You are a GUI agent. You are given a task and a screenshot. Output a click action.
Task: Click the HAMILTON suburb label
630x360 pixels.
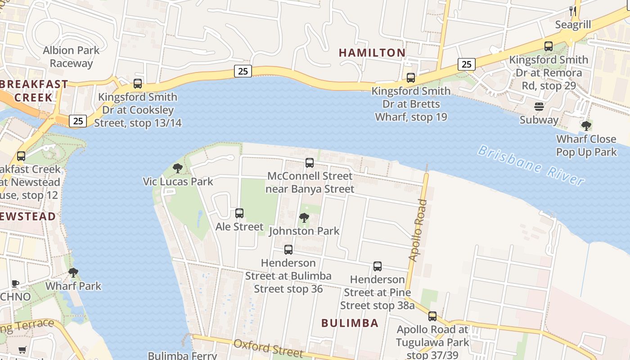tap(372, 53)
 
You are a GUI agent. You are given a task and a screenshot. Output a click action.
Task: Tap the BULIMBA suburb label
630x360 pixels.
tap(350, 323)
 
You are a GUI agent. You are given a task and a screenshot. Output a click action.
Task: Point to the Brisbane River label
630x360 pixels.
tap(531, 165)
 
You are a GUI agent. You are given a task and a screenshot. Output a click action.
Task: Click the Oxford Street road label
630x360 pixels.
tap(268, 347)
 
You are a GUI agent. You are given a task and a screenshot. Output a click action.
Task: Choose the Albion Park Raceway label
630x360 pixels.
tap(71, 57)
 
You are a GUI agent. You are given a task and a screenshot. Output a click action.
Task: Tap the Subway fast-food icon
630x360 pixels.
tap(539, 107)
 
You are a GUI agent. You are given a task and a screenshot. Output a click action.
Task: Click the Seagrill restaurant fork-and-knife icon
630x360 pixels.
tap(572, 11)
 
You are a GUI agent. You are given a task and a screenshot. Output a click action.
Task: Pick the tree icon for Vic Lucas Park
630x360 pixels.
tap(178, 169)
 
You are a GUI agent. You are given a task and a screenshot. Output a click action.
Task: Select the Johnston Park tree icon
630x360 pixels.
tap(304, 218)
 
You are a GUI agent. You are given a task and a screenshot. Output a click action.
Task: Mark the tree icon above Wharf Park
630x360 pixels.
tap(73, 273)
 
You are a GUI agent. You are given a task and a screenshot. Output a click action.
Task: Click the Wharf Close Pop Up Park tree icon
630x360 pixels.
tap(586, 126)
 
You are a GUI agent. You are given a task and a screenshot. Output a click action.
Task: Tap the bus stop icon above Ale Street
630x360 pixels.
tap(239, 213)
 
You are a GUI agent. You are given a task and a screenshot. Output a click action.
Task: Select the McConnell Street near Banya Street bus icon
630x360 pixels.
tap(310, 163)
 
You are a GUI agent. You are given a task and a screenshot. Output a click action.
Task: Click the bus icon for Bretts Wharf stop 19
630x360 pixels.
tap(411, 78)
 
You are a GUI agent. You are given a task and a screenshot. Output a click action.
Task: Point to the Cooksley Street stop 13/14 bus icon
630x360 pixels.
tap(138, 84)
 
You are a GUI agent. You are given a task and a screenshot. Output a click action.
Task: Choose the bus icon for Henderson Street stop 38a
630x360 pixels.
tap(378, 266)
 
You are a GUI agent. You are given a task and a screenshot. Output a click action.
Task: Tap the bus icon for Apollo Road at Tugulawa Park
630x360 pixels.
tap(432, 316)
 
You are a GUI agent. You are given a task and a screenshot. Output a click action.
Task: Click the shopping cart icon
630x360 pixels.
tap(22, 350)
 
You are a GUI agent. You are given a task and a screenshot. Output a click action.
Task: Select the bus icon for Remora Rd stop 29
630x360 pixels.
tap(549, 46)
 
